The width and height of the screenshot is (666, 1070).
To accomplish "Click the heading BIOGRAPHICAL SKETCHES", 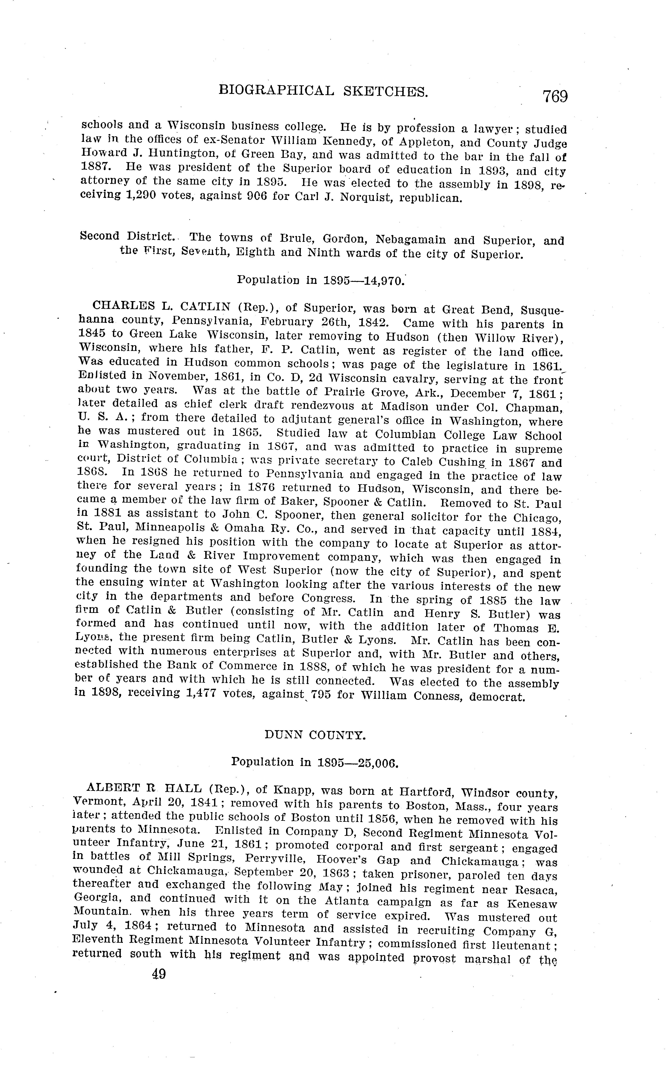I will click(x=323, y=91).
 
